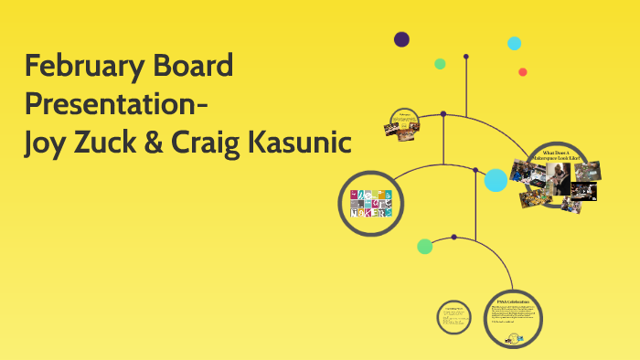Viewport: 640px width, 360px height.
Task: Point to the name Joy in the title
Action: pos(48,143)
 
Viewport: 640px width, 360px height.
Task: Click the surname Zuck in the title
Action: pos(114,143)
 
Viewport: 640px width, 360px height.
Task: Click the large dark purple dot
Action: pos(401,39)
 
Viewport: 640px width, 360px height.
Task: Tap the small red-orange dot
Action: pos(523,72)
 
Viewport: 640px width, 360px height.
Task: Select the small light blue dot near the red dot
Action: pos(515,43)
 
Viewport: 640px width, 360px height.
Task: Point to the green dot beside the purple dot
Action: pos(440,64)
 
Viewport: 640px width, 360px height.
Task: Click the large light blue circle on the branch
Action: pos(496,180)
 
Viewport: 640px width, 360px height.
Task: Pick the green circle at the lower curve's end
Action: pos(425,246)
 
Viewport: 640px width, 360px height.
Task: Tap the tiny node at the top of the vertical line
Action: pos(466,57)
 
